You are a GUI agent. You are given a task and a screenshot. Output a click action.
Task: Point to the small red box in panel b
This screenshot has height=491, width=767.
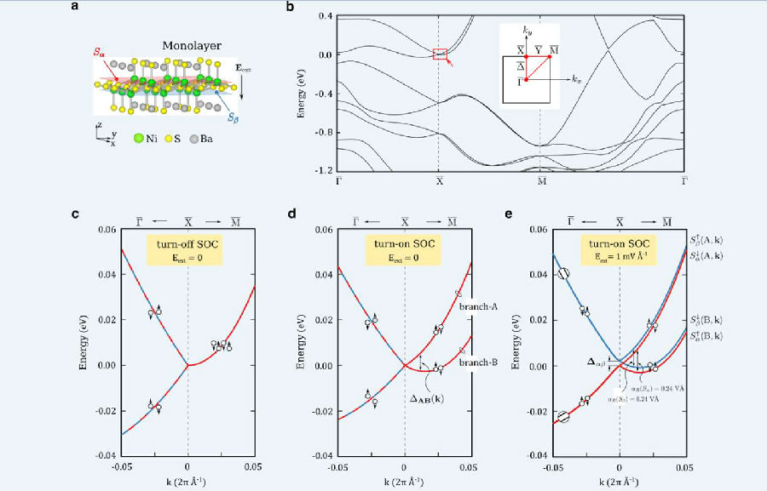click(440, 54)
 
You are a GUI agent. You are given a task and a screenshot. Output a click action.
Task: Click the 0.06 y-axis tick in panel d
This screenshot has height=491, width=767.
click(322, 230)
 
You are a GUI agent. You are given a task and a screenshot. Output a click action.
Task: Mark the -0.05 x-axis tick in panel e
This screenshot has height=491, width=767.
click(554, 467)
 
